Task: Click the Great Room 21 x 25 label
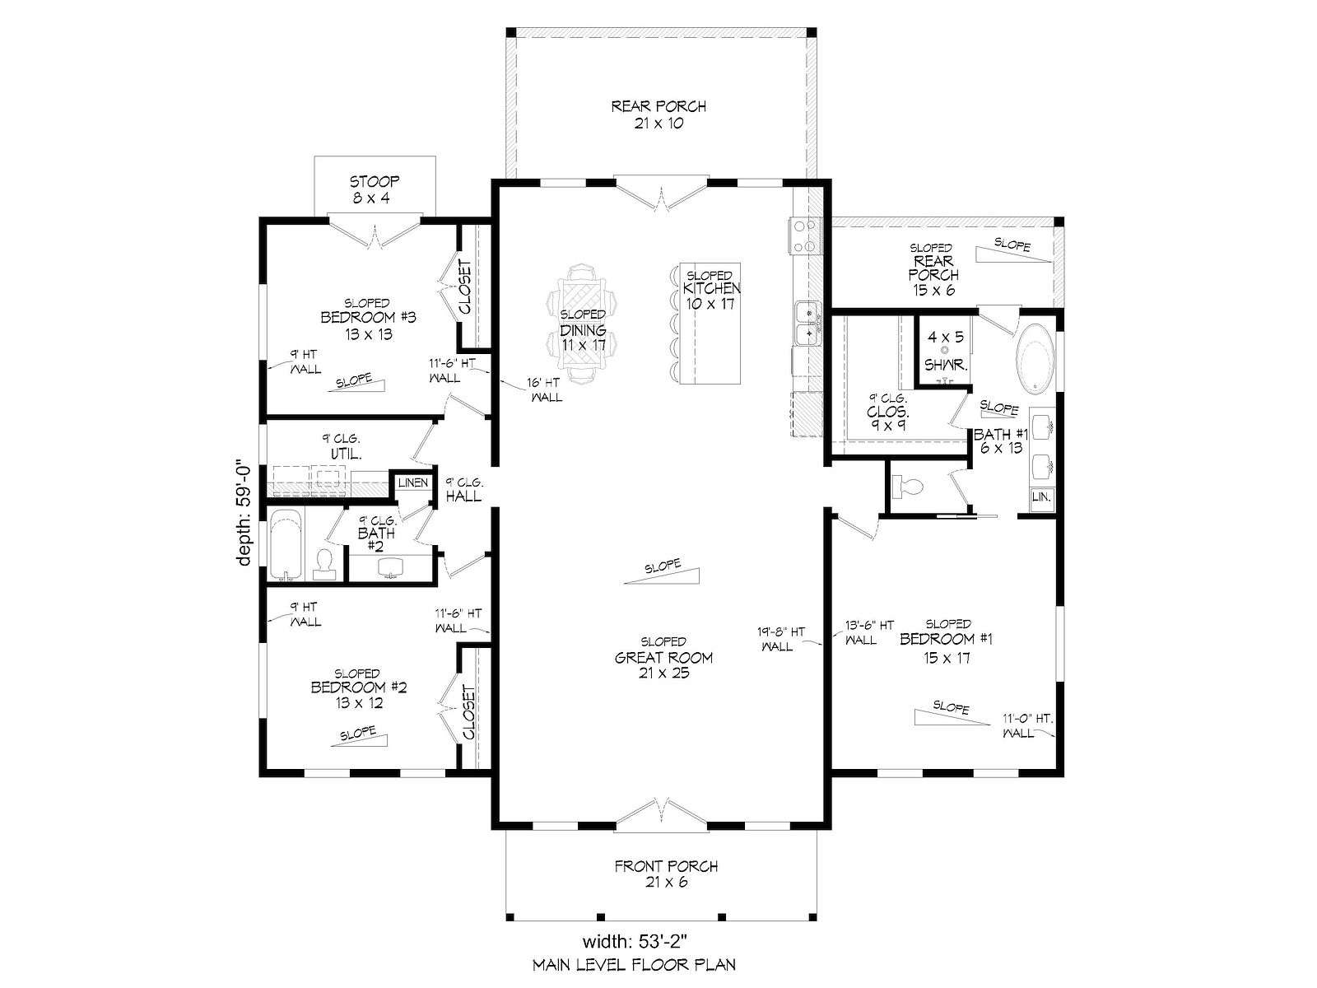(x=663, y=658)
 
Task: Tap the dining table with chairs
(x=581, y=324)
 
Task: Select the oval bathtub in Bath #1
(x=1035, y=359)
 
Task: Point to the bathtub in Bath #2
(x=286, y=545)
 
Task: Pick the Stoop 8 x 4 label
(x=375, y=189)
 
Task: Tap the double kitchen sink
(x=807, y=324)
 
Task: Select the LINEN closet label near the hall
(x=413, y=482)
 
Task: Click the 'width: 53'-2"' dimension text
(x=639, y=940)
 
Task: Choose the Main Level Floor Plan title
(x=634, y=965)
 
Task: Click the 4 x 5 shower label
(x=946, y=351)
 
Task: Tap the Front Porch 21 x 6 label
(x=666, y=874)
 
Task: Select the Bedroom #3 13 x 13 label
(x=368, y=319)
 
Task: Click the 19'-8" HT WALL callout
(x=780, y=639)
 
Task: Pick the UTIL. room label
(x=345, y=447)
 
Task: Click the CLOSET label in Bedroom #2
(x=469, y=713)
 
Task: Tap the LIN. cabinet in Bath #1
(x=1041, y=496)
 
